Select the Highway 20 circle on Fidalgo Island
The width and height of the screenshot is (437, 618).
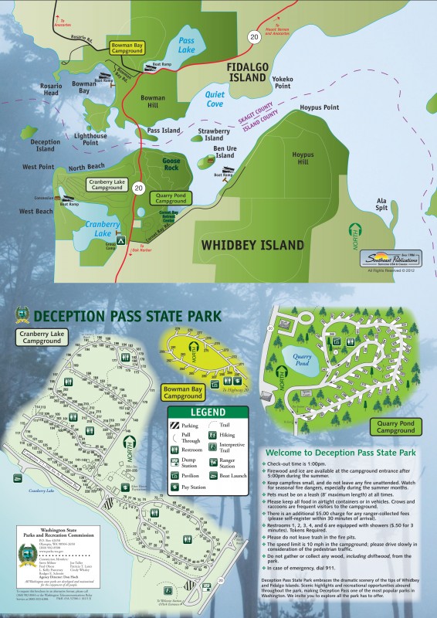[x=252, y=36]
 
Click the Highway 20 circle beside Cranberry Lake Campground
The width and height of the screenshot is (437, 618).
[x=138, y=187]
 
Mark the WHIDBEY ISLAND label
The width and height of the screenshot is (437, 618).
[x=250, y=245]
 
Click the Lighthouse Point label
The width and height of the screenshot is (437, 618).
[x=90, y=139]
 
